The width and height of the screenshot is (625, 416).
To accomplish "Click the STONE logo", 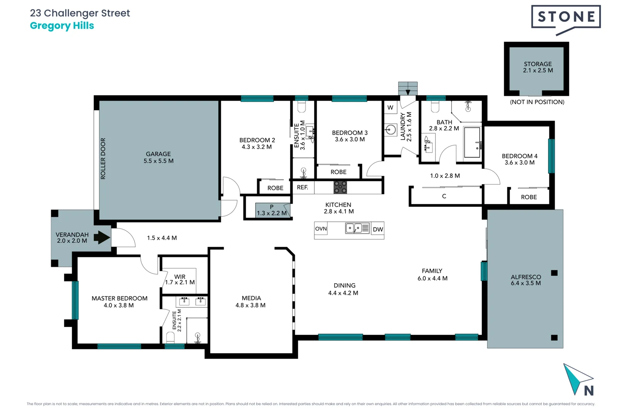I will tap(566, 17).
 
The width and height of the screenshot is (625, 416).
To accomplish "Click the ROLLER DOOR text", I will tap(103, 158).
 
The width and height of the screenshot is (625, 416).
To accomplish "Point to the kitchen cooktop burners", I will tap(340, 187).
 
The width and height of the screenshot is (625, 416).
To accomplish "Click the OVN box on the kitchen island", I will tap(321, 229).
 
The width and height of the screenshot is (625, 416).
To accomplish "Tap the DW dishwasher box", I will tap(378, 230).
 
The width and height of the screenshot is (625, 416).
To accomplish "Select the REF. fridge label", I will tap(302, 188).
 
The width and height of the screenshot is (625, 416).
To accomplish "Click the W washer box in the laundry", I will tap(390, 107).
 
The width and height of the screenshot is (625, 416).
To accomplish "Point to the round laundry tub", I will tap(390, 129).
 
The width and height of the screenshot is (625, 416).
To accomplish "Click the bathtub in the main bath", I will tap(472, 143).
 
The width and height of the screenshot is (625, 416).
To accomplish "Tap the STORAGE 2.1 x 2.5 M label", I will tap(537, 67).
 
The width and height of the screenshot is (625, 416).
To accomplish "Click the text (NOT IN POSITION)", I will tap(537, 102).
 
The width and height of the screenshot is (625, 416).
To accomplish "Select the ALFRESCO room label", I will tap(525, 280).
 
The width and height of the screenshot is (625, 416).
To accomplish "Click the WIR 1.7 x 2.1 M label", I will tap(180, 280).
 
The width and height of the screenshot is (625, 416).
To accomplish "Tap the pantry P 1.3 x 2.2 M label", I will tap(272, 210).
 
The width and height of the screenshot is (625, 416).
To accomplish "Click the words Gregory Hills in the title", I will tap(62, 26).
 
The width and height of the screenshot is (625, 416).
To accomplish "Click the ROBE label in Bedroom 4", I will tap(529, 197).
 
